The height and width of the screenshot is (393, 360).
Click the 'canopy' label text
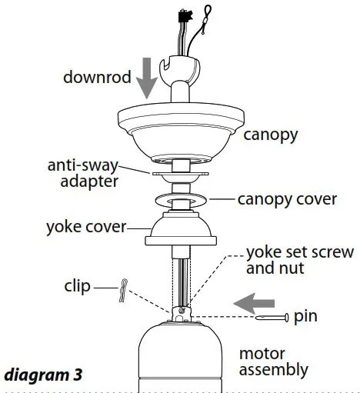click(x=270, y=135)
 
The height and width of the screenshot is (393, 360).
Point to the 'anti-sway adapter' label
click(x=82, y=173)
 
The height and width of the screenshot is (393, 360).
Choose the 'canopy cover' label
click(x=287, y=199)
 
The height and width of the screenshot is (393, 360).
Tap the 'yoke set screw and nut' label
click(x=299, y=261)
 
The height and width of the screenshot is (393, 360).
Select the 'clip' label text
click(x=75, y=288)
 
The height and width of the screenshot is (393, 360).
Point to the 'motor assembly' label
click(x=273, y=361)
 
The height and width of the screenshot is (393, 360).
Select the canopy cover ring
click(x=178, y=201)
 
